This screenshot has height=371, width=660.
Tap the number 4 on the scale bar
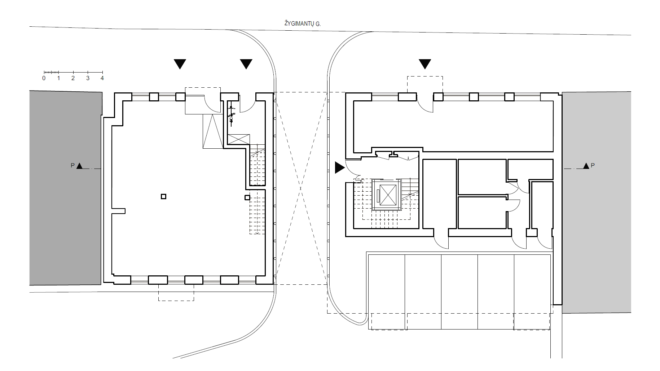(102, 78)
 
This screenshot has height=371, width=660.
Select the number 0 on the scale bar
(44, 78)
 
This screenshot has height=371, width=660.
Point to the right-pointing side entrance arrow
(340, 167)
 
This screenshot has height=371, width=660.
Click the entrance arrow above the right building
(425, 64)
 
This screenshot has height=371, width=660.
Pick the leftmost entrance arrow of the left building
(180, 64)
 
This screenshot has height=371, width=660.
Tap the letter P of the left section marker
(72, 166)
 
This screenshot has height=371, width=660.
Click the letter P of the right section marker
(593, 166)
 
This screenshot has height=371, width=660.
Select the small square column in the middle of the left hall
(163, 196)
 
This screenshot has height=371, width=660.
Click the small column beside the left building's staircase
(247, 197)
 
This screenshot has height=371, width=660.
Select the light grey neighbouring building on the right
(597, 202)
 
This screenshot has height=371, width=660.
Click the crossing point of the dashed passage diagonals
(301, 188)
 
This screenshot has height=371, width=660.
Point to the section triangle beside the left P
(80, 166)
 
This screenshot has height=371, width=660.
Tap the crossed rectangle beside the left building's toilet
(239, 139)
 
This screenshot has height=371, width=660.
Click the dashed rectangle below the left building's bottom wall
(176, 293)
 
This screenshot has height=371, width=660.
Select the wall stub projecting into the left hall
(118, 211)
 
